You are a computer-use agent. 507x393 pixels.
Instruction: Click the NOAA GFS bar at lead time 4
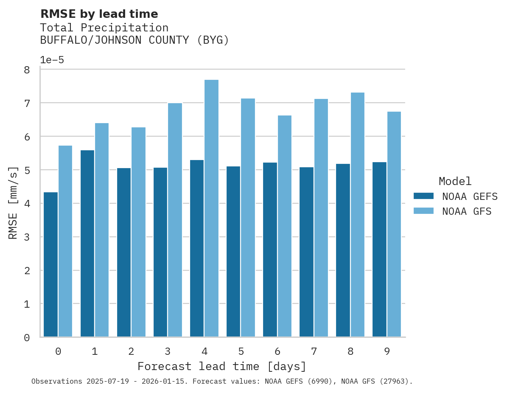(x=211, y=208)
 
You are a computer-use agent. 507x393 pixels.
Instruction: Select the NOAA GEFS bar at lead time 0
(x=50, y=264)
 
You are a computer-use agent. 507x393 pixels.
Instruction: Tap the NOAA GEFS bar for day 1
(x=87, y=243)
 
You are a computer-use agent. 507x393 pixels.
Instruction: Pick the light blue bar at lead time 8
(x=357, y=214)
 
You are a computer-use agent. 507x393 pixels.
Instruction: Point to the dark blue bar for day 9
(x=379, y=249)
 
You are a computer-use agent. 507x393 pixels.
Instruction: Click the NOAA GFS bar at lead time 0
(x=65, y=241)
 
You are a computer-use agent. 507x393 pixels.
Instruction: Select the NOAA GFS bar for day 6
(x=284, y=226)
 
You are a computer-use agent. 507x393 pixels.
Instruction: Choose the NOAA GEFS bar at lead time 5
(x=233, y=251)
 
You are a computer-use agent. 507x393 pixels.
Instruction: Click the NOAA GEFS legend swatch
(x=423, y=196)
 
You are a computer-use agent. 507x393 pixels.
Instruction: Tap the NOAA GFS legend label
(x=467, y=211)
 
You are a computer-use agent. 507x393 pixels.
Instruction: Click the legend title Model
(x=455, y=182)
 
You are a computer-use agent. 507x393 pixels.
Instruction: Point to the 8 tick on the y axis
(x=27, y=70)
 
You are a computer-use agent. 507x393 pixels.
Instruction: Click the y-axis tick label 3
(x=27, y=237)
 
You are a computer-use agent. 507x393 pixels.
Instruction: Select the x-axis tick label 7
(x=314, y=351)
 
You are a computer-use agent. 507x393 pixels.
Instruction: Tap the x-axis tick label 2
(x=131, y=351)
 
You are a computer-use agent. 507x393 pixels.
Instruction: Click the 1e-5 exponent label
(x=52, y=60)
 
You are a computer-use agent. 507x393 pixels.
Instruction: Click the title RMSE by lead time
(x=99, y=14)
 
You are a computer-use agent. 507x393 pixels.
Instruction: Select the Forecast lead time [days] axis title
(x=221, y=366)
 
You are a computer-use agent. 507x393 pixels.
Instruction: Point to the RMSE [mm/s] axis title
(x=13, y=203)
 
